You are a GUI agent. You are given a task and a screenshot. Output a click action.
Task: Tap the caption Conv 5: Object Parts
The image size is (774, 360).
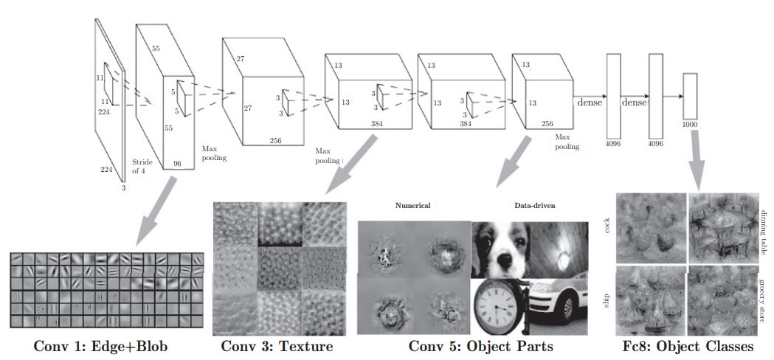pyautogui.click(x=482, y=346)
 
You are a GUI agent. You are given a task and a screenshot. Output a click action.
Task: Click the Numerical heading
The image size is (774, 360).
pyautogui.click(x=413, y=205)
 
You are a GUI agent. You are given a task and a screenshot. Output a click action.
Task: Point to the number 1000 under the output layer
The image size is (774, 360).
pyautogui.click(x=691, y=125)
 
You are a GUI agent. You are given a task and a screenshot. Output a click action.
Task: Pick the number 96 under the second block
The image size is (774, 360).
pyautogui.click(x=177, y=163)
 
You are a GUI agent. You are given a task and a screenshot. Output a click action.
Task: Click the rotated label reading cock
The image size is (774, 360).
pyautogui.click(x=606, y=225)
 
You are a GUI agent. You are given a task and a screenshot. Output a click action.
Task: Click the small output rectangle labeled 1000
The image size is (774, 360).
pyautogui.click(x=691, y=96)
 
